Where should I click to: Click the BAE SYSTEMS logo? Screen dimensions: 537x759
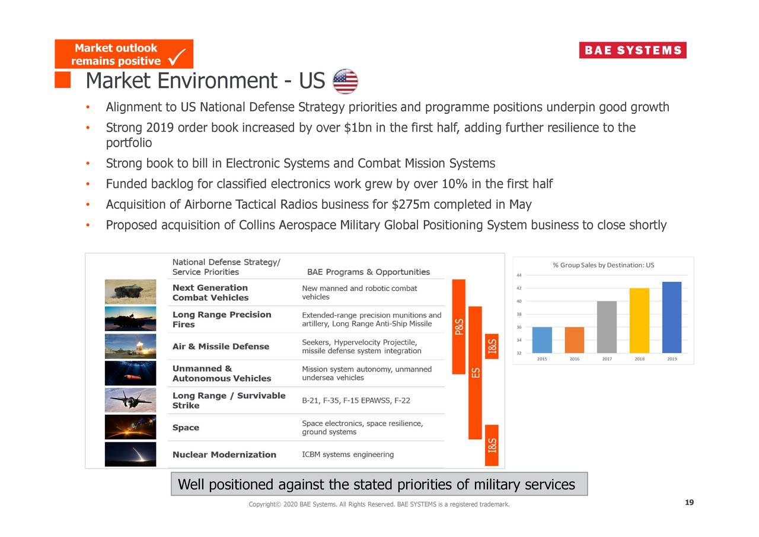(x=632, y=50)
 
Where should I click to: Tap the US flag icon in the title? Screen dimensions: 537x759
(x=345, y=81)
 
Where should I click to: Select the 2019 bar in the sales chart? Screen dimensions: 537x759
(x=671, y=317)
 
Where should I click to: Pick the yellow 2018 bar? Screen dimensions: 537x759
(x=639, y=320)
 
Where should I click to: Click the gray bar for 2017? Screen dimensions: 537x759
(x=607, y=327)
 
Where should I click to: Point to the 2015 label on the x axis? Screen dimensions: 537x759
(x=542, y=359)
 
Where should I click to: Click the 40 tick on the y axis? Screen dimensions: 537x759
(x=519, y=301)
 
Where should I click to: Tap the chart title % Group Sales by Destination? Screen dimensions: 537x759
(x=603, y=265)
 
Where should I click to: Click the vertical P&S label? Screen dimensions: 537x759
(x=459, y=326)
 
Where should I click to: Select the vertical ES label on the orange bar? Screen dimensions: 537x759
(x=475, y=373)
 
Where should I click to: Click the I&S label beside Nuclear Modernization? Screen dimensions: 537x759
(x=492, y=446)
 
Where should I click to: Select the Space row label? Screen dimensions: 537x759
(x=186, y=428)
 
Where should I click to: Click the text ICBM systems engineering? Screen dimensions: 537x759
(x=347, y=455)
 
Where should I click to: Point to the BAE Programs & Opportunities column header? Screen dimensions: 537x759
(x=368, y=272)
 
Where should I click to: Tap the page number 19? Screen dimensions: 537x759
(x=688, y=503)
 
